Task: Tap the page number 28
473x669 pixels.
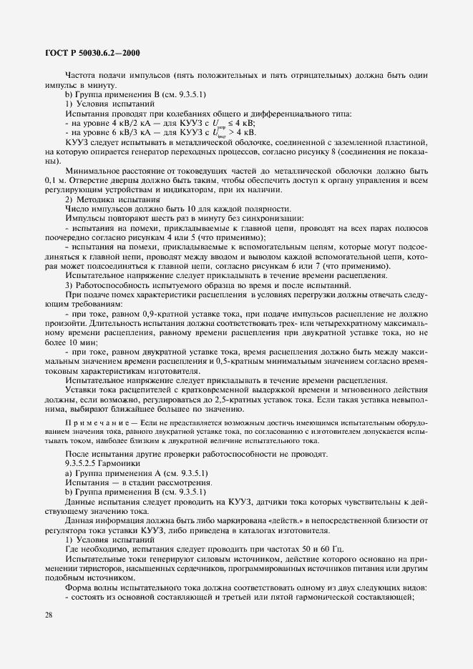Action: click(48, 635)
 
